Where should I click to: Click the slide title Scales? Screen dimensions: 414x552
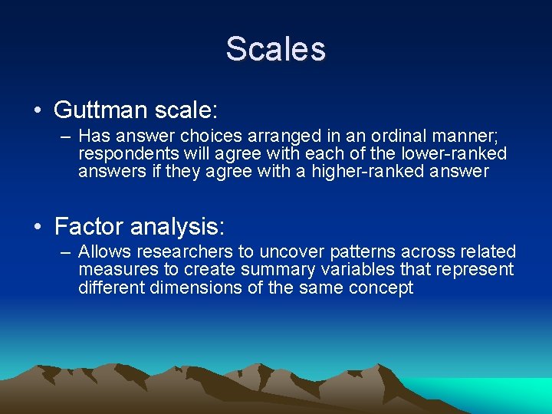pos(275,49)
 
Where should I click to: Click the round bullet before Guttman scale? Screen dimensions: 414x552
pos(38,110)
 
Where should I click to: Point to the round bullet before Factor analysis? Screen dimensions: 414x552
pos(38,227)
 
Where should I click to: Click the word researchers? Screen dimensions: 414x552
pos(176,252)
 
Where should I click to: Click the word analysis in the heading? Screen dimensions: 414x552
pos(176,227)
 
